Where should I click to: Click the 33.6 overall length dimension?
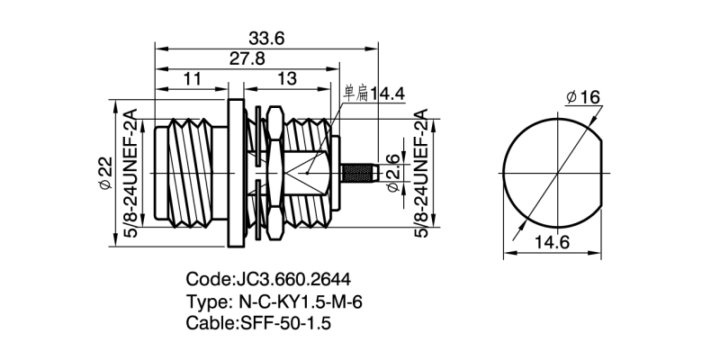(x=266, y=38)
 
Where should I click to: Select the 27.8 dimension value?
(x=247, y=58)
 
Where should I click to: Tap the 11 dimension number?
(x=193, y=79)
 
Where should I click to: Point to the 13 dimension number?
(x=287, y=79)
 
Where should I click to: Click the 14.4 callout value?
(x=387, y=94)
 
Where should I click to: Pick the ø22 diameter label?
(x=105, y=173)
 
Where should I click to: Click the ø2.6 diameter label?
(x=393, y=173)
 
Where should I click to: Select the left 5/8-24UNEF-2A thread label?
(x=131, y=173)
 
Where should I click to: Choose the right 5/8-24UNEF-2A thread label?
(x=421, y=173)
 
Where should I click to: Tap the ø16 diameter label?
(x=583, y=97)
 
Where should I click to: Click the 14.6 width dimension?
(x=552, y=242)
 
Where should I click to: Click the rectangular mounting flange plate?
(x=236, y=173)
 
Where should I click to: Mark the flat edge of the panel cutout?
(x=601, y=173)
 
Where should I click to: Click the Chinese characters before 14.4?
(x=355, y=94)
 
